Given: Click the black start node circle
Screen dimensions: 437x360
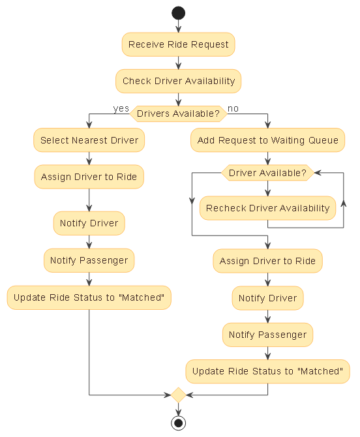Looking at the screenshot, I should pos(178,13).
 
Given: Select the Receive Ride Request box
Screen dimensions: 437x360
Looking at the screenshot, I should pos(178,44).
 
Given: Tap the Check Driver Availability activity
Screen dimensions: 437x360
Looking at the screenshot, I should pos(178,82).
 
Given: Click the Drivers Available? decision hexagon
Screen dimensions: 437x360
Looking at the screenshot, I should pos(178,113).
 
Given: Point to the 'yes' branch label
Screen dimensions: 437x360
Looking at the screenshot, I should pos(121,108).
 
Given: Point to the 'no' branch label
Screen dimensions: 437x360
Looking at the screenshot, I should pos(233,108).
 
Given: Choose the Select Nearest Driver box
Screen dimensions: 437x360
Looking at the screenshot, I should pos(89,140).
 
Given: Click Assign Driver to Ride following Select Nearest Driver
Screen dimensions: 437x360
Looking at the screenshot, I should pos(89,177).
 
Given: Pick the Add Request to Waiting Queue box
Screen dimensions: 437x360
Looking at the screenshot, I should pos(267,140).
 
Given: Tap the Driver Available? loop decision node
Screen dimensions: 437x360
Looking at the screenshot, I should pos(267,173).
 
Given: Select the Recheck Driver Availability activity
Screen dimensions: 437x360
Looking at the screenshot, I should pos(267,208).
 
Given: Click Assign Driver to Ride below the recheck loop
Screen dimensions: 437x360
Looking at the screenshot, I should pos(267,261).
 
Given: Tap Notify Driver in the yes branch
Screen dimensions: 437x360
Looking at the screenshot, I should pos(89,223).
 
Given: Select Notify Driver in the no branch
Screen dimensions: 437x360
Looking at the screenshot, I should pos(267,298).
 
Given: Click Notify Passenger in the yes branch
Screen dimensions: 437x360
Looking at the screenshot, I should pos(89,260).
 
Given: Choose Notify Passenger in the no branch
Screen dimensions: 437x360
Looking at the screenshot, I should pos(267,335).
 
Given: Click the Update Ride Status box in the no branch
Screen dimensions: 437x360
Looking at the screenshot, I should pos(267,371).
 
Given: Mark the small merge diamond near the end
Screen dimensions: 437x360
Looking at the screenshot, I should pos(178,395).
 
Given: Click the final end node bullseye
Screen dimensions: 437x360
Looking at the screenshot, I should pos(178,423).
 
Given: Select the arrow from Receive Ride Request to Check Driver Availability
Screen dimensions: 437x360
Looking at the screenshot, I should pos(178,63).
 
